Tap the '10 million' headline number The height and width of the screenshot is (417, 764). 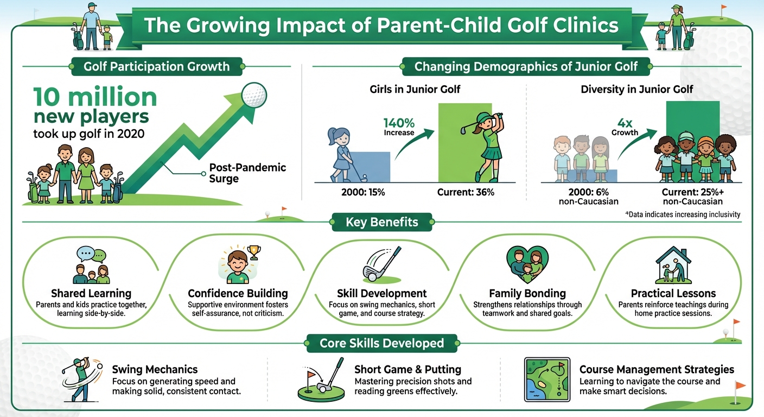click(x=95, y=98)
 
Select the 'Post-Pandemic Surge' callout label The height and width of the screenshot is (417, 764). click(x=247, y=173)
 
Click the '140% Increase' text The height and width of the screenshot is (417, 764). click(x=399, y=127)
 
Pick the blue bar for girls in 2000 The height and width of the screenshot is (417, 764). click(x=369, y=167)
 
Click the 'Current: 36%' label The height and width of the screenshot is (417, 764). click(x=466, y=192)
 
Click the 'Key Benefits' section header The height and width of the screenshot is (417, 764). click(x=381, y=222)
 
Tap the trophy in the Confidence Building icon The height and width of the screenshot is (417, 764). click(x=252, y=251)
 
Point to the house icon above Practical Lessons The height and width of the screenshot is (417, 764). click(x=673, y=264)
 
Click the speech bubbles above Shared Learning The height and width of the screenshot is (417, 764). click(x=91, y=254)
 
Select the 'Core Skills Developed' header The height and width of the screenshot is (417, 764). click(x=381, y=343)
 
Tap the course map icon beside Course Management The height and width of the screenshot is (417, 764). click(x=547, y=379)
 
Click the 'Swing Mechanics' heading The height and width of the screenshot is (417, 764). click(x=155, y=370)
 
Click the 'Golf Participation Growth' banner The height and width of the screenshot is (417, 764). click(x=156, y=67)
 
